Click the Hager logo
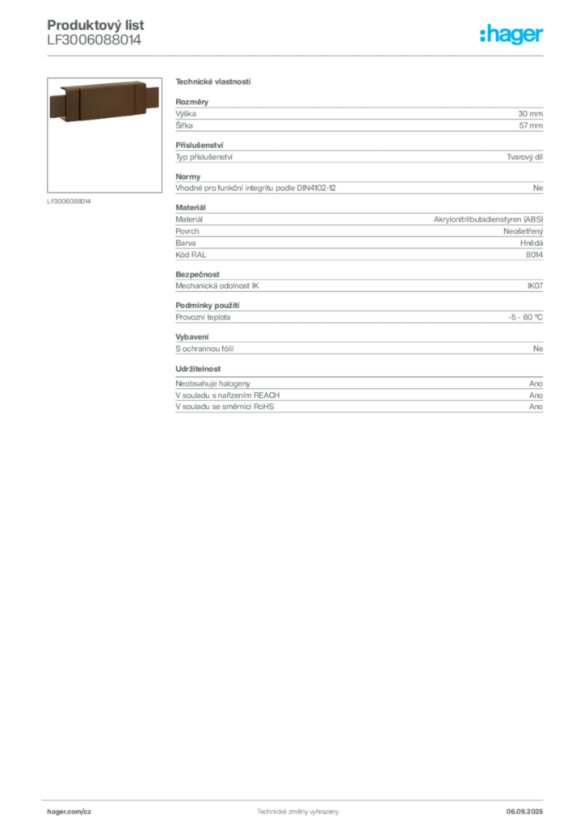(511, 34)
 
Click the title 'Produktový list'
(95, 25)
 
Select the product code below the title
(94, 40)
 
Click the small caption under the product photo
(69, 201)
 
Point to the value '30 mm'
(530, 113)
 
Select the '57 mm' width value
(531, 125)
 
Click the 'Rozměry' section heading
(192, 102)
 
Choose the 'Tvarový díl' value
(525, 157)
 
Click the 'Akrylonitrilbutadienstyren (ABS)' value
(488, 219)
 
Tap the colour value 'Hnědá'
(532, 243)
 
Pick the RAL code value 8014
(534, 255)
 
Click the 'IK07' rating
(535, 285)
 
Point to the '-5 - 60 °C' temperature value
(525, 317)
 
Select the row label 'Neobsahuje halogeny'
(213, 383)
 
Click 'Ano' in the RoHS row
(536, 407)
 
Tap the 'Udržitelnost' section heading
(198, 369)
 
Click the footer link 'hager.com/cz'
(69, 812)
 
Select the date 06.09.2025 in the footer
(524, 812)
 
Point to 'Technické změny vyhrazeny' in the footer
(298, 812)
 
